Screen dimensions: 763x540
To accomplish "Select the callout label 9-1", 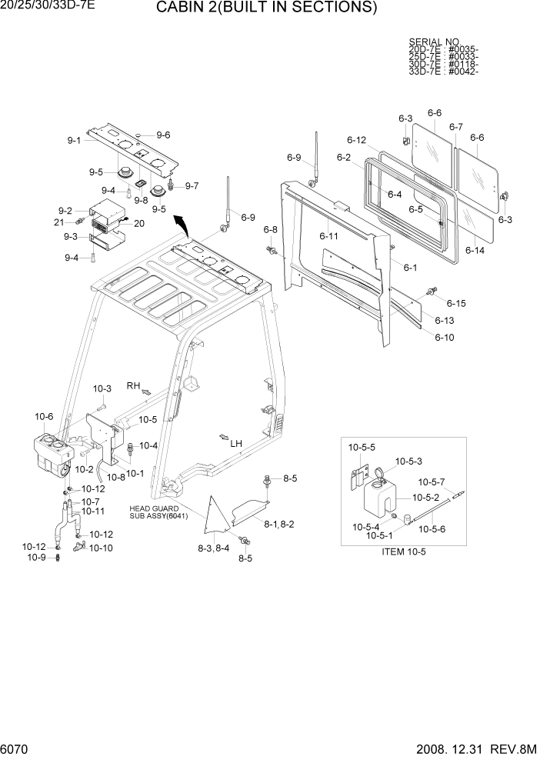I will pos(74,141).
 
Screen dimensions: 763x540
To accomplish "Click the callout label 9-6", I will pos(163,135).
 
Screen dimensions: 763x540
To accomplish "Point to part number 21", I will pos(58,222).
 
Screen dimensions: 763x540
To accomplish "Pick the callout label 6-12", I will pos(357,140).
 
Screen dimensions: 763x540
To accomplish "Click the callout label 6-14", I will pos(475,250).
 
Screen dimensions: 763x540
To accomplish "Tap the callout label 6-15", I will pos(456,303).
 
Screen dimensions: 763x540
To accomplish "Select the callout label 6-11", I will pos(328,235).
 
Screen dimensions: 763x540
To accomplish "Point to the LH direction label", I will pos(235,444).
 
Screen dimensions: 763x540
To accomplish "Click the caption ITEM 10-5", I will pos(404,551).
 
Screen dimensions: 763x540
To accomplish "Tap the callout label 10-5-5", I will pos(362,447).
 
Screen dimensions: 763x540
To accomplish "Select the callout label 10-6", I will pos(44,417).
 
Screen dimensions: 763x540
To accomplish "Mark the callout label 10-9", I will pos(36,558).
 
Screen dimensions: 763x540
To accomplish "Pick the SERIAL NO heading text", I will pos(434,42).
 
